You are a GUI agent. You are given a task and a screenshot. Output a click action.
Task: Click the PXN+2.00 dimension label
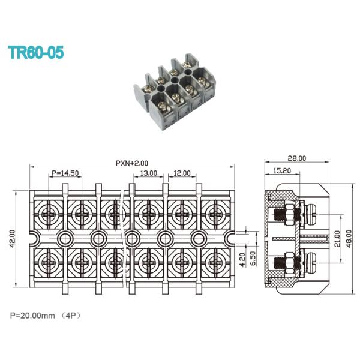click(x=132, y=163)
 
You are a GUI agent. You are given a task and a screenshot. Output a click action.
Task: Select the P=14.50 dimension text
click(x=65, y=173)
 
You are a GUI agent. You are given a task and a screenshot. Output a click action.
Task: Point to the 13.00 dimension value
click(x=149, y=173)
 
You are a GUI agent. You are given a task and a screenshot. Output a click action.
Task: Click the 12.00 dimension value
click(x=182, y=173)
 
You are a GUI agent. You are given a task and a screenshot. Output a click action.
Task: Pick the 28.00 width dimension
click(x=297, y=159)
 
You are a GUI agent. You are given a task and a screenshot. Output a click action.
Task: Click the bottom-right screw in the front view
click(x=214, y=263)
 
